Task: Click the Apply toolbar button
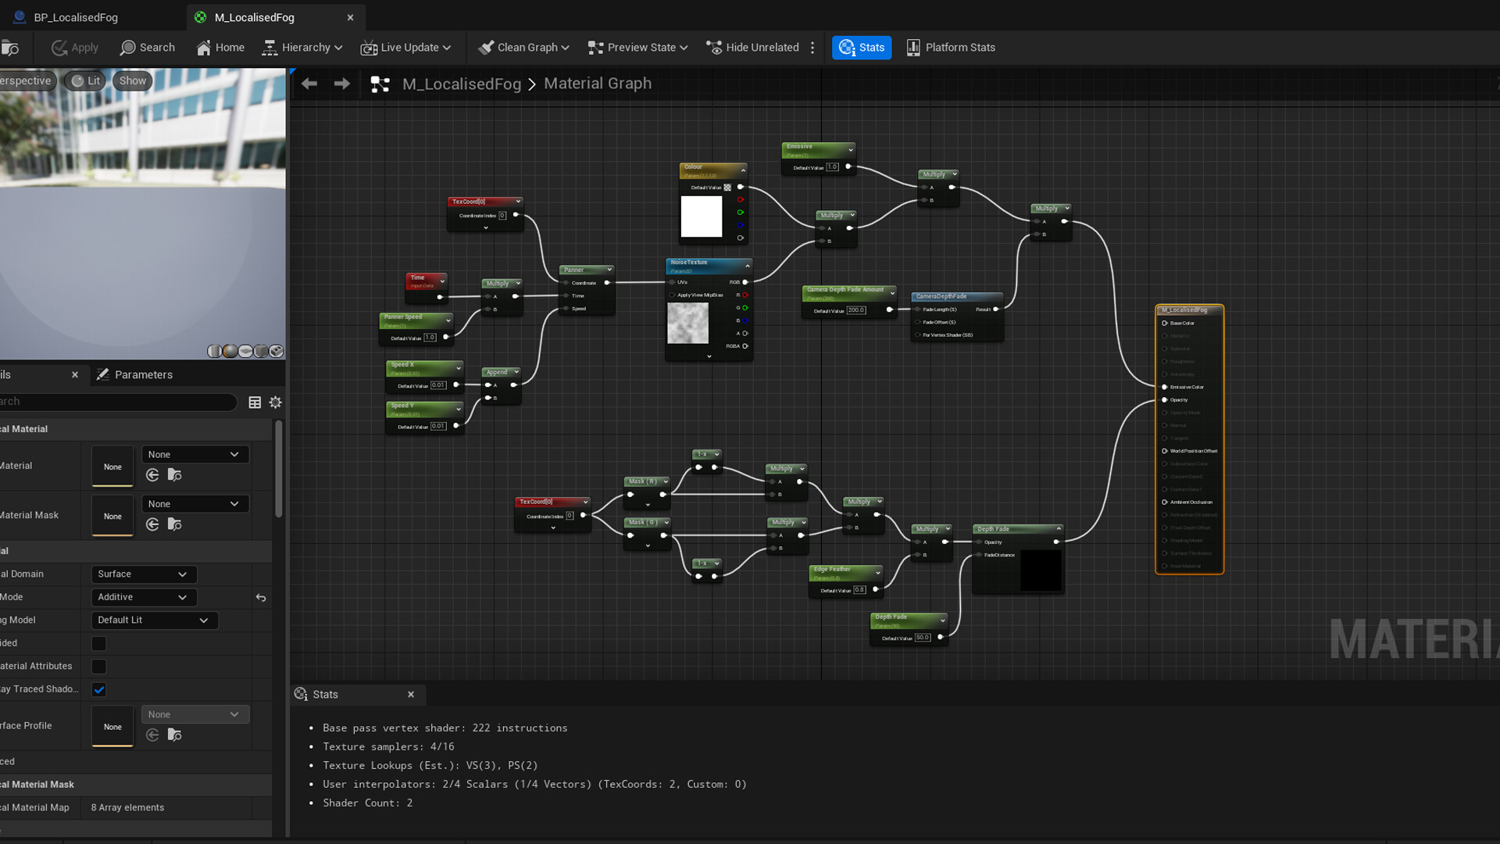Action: (76, 48)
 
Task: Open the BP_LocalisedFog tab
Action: (75, 17)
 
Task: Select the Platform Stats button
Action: (951, 48)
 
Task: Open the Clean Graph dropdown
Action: (524, 48)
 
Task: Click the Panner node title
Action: (584, 270)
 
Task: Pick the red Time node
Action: (425, 280)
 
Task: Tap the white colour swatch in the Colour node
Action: (702, 216)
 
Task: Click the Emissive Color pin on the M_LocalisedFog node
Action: (1165, 387)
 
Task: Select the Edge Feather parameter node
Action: (845, 571)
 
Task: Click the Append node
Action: (501, 372)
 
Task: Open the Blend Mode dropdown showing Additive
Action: (143, 597)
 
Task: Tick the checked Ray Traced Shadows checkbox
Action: (99, 689)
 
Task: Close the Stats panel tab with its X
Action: (411, 695)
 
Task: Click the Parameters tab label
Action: (143, 375)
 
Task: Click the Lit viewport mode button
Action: (86, 80)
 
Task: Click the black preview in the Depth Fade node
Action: (1041, 570)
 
